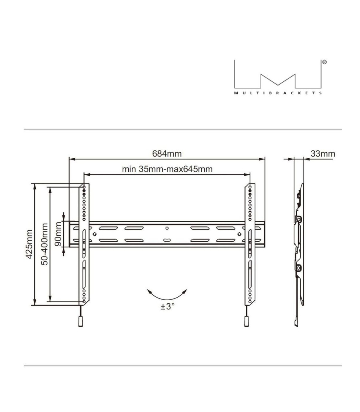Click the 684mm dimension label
[x=167, y=153]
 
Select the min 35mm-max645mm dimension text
[x=167, y=169]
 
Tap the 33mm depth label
[x=323, y=153]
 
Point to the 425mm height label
[x=29, y=244]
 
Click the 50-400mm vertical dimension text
[x=44, y=244]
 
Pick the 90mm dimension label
[x=58, y=234]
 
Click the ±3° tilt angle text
[x=167, y=307]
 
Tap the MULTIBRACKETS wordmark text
[x=278, y=93]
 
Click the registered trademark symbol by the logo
[x=324, y=62]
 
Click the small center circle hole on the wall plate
[x=167, y=228]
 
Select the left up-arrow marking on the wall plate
[x=94, y=234]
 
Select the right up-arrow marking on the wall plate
[x=239, y=234]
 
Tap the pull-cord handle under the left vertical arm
[x=80, y=322]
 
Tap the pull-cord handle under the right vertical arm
[x=246, y=322]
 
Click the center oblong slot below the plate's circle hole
[x=167, y=240]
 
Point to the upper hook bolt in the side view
[x=298, y=220]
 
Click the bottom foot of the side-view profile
[x=296, y=323]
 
